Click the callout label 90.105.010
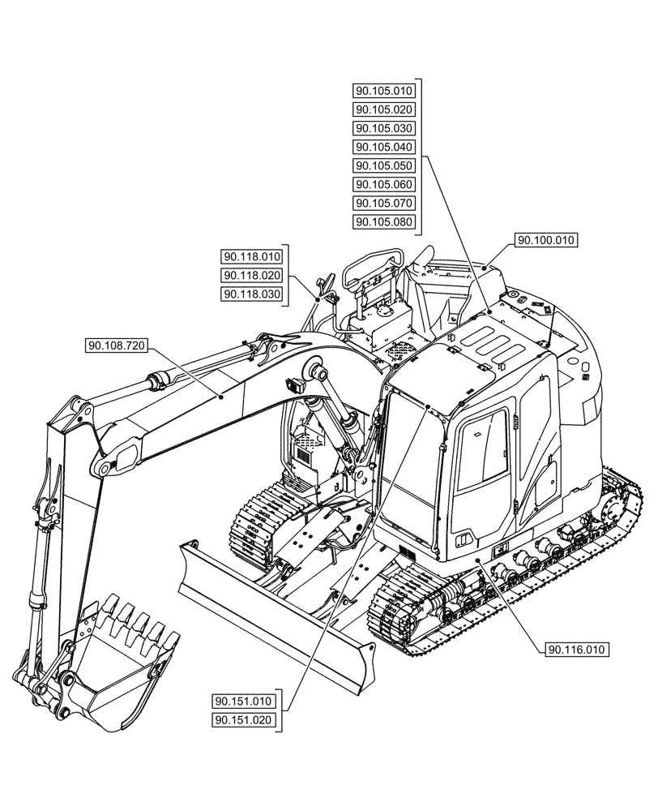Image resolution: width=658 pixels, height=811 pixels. coord(384,91)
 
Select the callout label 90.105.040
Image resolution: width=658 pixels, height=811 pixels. coord(384,147)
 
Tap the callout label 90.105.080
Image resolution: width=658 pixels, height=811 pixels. coord(384,221)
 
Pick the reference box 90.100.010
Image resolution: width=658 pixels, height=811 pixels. coord(545,240)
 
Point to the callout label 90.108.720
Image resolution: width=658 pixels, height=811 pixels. coord(116,346)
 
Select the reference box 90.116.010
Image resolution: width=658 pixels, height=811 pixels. coord(577,649)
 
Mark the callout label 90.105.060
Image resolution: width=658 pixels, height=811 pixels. coord(384,184)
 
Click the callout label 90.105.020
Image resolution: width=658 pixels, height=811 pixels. coord(384,109)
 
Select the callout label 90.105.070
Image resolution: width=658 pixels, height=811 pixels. coord(384,203)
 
